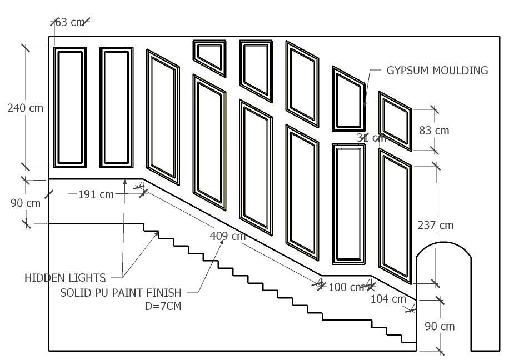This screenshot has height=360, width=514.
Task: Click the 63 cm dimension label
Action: point(70,22)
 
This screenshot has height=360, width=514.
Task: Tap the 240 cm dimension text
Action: point(25,108)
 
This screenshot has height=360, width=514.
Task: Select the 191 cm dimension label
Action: point(96,194)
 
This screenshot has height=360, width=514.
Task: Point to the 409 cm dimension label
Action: point(227,236)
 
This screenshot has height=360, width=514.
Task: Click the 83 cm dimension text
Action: point(434,131)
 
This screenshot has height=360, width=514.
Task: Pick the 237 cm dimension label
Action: point(436,225)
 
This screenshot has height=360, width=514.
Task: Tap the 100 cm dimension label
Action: point(346,287)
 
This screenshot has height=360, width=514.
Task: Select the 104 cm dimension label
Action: point(388,299)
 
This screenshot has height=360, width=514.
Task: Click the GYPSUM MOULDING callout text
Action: point(437,71)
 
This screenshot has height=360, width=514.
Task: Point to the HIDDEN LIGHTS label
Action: point(65,277)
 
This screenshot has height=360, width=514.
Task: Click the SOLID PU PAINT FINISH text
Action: point(121,292)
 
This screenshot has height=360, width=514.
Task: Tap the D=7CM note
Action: point(162,306)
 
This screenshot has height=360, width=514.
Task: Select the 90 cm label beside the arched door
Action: point(440,326)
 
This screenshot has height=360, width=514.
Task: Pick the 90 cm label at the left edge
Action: point(26,203)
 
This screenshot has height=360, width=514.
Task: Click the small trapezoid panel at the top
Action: point(209,55)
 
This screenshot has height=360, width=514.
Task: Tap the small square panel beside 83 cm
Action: point(395,121)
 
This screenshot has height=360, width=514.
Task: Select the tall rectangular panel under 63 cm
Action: point(70,108)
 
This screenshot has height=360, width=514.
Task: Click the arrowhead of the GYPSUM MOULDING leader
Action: point(365,104)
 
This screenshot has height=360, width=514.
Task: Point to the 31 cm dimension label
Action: point(370,137)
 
